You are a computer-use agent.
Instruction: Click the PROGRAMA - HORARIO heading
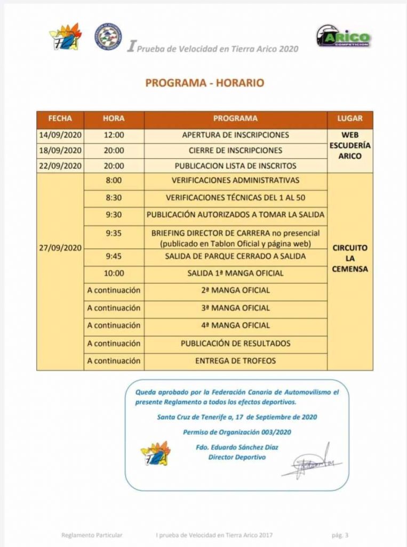pyautogui.click(x=205, y=83)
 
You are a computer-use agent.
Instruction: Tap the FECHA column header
pyautogui.click(x=60, y=119)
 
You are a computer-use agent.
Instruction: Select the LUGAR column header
pyautogui.click(x=350, y=119)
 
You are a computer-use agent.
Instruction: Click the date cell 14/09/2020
pyautogui.click(x=60, y=135)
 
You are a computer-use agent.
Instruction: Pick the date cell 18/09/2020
pyautogui.click(x=60, y=150)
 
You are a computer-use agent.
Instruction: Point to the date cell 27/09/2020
pyautogui.click(x=60, y=248)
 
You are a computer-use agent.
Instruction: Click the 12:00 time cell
pyautogui.click(x=114, y=135)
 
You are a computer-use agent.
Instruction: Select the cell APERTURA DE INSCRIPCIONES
pyautogui.click(x=235, y=135)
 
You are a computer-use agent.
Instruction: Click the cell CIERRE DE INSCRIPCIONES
pyautogui.click(x=235, y=150)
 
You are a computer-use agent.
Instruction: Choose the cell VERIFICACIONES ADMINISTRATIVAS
pyautogui.click(x=235, y=181)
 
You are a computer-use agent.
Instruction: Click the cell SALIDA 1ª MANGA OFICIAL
pyautogui.click(x=235, y=273)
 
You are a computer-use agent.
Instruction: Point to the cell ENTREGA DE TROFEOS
pyautogui.click(x=235, y=361)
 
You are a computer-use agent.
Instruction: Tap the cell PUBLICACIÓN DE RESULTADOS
pyautogui.click(x=235, y=343)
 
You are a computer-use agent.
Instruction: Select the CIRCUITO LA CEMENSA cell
pyautogui.click(x=350, y=259)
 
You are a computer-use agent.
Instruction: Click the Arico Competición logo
pyautogui.click(x=343, y=36)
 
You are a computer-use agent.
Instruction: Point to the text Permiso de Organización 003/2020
pyautogui.click(x=237, y=432)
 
